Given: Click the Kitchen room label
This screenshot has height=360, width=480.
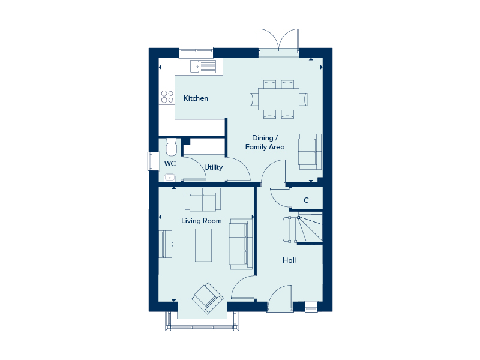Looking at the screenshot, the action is pyautogui.click(x=196, y=98).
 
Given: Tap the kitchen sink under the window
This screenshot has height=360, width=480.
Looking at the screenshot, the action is pyautogui.click(x=203, y=67).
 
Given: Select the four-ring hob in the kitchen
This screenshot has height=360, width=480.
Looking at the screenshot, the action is pyautogui.click(x=167, y=97).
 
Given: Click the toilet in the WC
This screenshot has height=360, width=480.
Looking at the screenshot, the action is pyautogui.click(x=172, y=147).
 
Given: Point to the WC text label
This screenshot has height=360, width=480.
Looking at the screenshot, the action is pyautogui.click(x=170, y=163).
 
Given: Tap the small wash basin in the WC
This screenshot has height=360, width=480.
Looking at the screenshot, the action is pyautogui.click(x=170, y=178).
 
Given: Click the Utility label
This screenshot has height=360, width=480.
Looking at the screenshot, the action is pyautogui.click(x=214, y=167).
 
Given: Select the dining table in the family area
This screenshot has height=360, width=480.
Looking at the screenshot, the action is pyautogui.click(x=278, y=99).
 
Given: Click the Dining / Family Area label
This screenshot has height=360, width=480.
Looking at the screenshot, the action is pyautogui.click(x=265, y=142).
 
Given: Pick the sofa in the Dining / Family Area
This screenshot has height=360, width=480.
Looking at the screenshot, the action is pyautogui.click(x=310, y=152).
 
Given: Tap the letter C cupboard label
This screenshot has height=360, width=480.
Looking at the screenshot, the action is pyautogui.click(x=306, y=200).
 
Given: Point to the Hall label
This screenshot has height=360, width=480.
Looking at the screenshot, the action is pyautogui.click(x=289, y=260).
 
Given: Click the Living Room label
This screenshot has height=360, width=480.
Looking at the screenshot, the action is pyautogui.click(x=202, y=221).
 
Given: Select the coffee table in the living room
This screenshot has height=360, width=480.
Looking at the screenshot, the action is pyautogui.click(x=203, y=245).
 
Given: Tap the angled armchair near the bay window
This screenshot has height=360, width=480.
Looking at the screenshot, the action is pyautogui.click(x=208, y=298).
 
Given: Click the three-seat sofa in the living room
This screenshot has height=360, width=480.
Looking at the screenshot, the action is pyautogui.click(x=241, y=244).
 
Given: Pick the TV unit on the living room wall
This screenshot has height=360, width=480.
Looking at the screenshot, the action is pyautogui.click(x=166, y=244).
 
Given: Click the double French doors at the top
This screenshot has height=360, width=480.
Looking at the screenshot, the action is pyautogui.click(x=278, y=41).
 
